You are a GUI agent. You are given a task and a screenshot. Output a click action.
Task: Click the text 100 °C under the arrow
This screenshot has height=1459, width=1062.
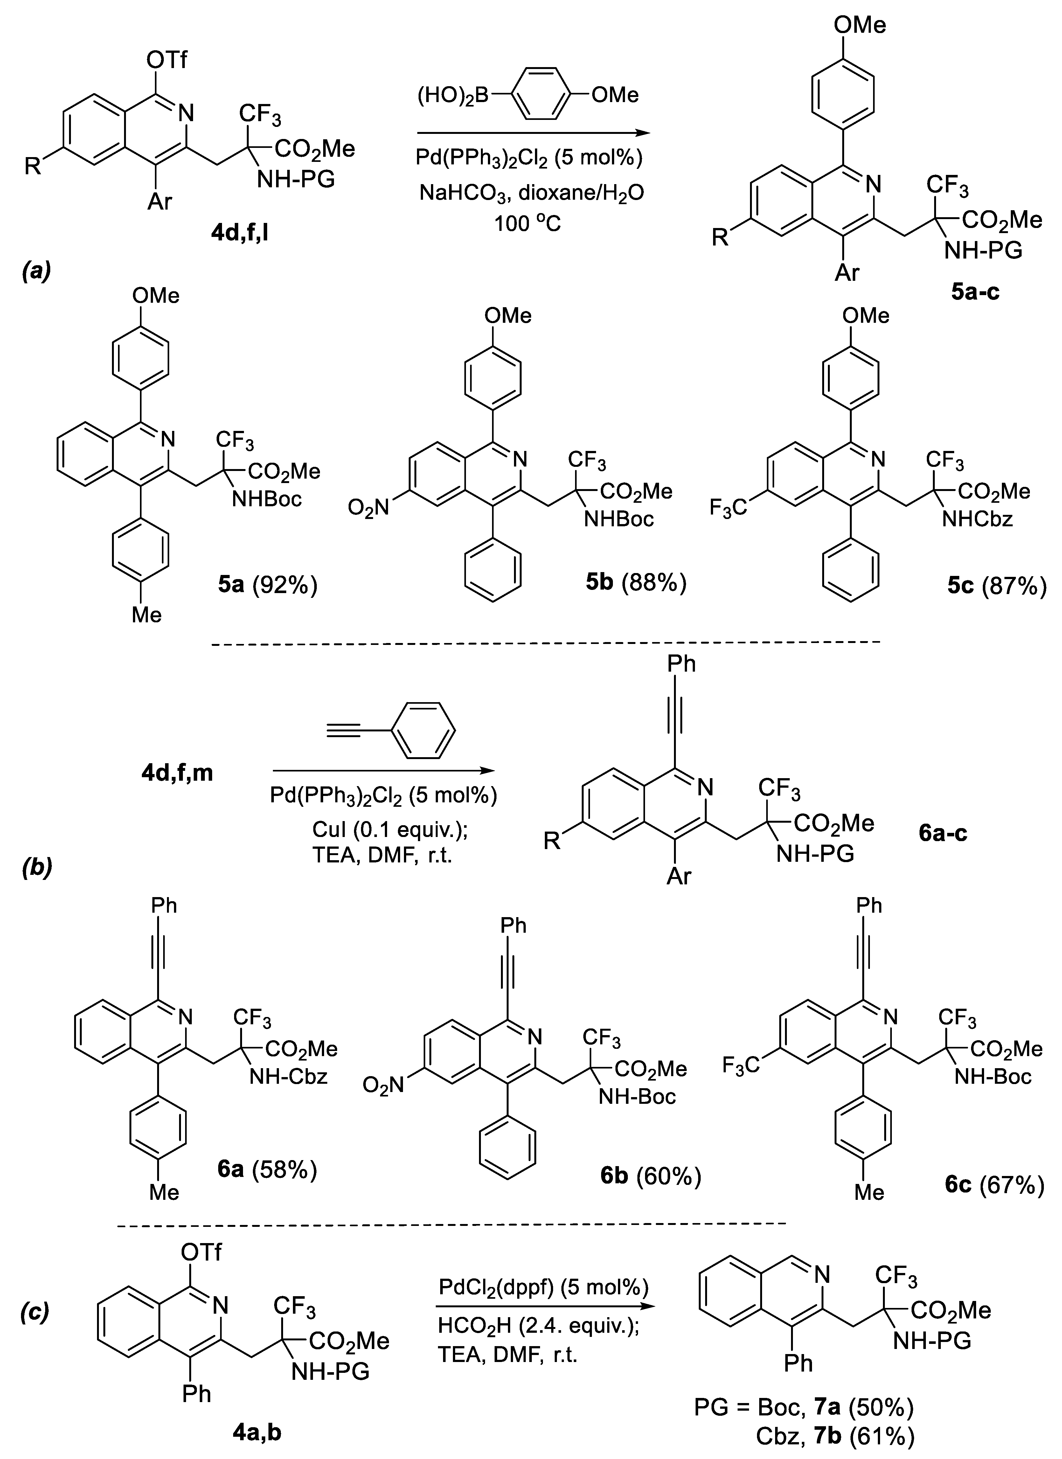coord(527,223)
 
